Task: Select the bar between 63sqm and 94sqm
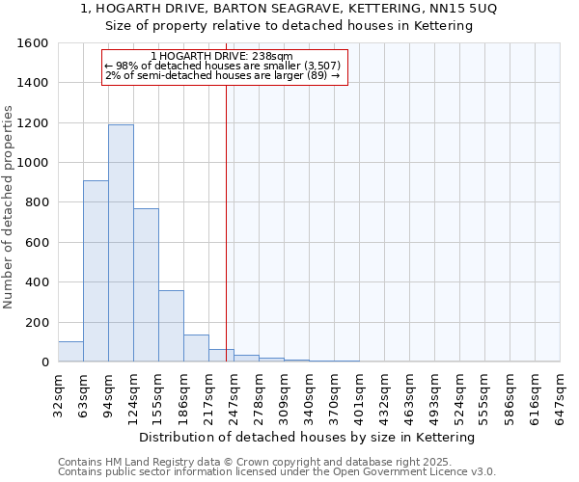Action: point(96,271)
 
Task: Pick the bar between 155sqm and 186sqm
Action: point(171,326)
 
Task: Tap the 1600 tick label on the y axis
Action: point(33,43)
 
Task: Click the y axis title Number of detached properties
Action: point(9,202)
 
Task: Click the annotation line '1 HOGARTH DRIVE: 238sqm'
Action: point(223,57)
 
